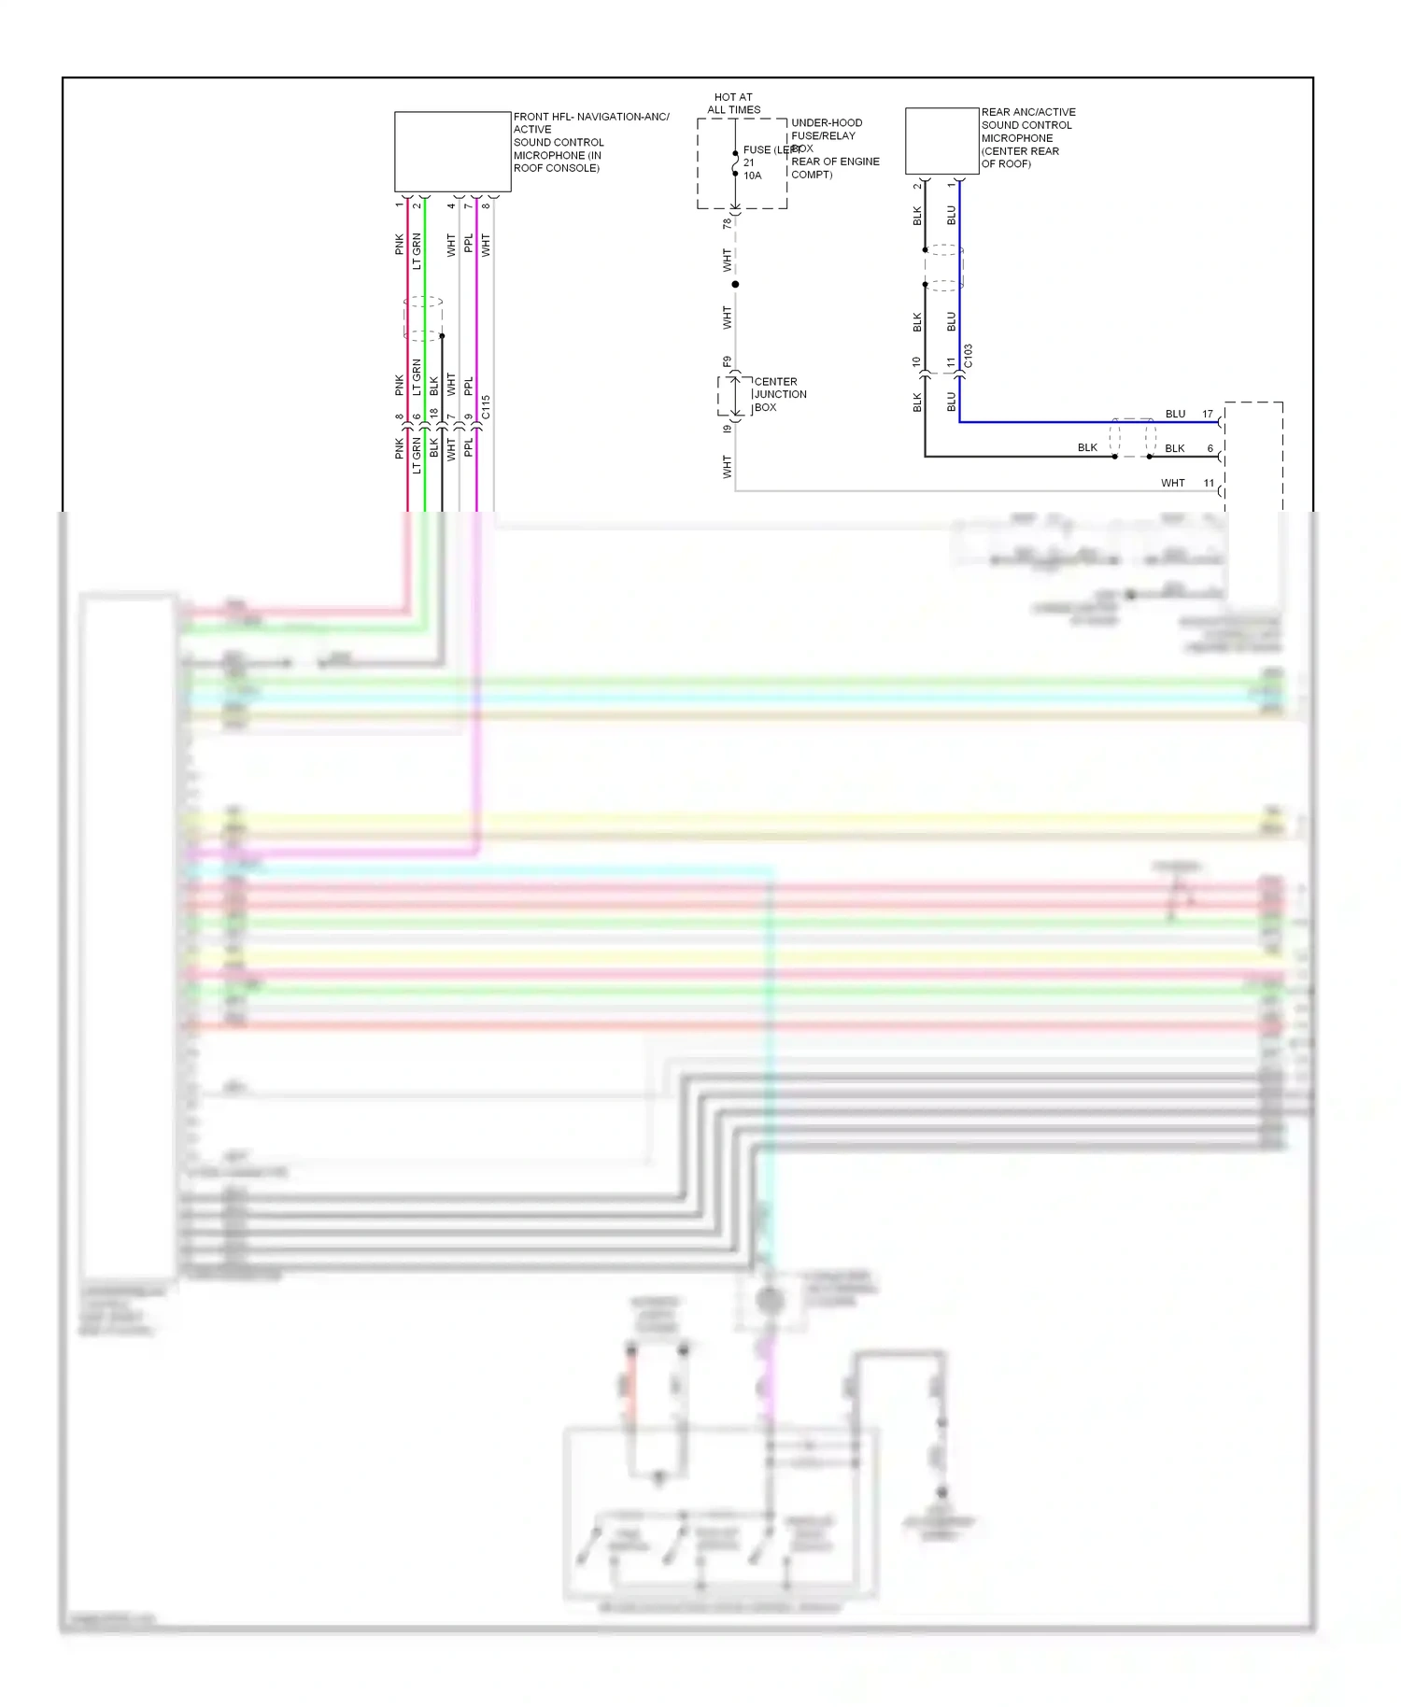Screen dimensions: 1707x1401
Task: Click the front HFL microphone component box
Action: point(452,151)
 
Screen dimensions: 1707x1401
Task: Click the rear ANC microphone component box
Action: point(941,141)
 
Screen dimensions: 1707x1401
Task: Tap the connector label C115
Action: point(486,406)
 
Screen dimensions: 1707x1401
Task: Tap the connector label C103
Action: point(969,356)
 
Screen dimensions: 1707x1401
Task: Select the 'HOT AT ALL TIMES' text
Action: point(733,103)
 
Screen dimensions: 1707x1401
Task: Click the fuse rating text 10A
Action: point(752,176)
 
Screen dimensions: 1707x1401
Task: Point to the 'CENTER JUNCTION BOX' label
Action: point(779,394)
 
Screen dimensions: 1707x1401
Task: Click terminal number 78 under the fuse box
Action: point(727,223)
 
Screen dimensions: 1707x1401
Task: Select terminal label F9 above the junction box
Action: point(727,361)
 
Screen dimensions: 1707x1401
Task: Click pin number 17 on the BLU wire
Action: point(1208,414)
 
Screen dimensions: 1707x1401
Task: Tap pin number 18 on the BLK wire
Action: point(433,414)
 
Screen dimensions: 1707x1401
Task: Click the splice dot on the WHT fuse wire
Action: point(735,284)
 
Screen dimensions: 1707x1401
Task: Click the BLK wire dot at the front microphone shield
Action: point(442,335)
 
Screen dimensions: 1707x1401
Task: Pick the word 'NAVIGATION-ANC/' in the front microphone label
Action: point(623,117)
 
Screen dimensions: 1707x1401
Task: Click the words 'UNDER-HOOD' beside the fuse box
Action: point(827,122)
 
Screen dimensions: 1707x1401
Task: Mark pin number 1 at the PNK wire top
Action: point(399,205)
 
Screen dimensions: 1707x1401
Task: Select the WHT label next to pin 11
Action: point(1172,483)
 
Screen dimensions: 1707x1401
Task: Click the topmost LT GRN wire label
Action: point(417,251)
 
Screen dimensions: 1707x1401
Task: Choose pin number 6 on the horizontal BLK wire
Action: point(1210,448)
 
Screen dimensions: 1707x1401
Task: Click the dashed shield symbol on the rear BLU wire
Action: point(944,268)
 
